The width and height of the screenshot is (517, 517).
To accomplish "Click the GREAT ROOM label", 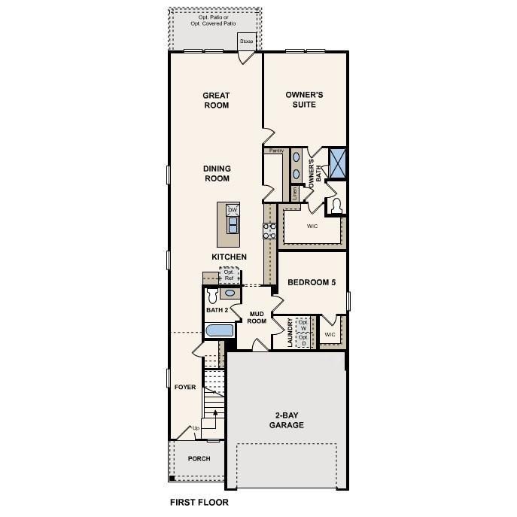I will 216,100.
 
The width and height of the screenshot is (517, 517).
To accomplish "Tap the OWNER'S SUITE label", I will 305,100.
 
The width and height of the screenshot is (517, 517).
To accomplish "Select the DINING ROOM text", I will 217,174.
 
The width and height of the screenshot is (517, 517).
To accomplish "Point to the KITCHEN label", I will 229,257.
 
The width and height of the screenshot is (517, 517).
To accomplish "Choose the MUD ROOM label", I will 257,317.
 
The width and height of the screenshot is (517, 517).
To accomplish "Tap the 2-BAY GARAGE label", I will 287,420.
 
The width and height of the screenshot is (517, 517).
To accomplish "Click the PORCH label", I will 199,458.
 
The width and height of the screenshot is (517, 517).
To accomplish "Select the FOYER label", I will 185,388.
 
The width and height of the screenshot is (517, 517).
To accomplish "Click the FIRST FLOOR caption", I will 199,502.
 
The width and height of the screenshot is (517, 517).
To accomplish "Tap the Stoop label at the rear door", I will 247,41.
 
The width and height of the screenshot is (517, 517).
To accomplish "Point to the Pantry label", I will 276,151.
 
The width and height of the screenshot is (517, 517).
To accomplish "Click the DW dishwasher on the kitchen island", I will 233,209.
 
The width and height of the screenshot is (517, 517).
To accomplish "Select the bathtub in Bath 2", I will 220,330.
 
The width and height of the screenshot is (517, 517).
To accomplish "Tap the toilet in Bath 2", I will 213,297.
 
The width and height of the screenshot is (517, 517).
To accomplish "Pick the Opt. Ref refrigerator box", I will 228,275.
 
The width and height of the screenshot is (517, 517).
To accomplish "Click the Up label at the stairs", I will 196,429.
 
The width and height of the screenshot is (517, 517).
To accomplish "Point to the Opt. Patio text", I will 214,16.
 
